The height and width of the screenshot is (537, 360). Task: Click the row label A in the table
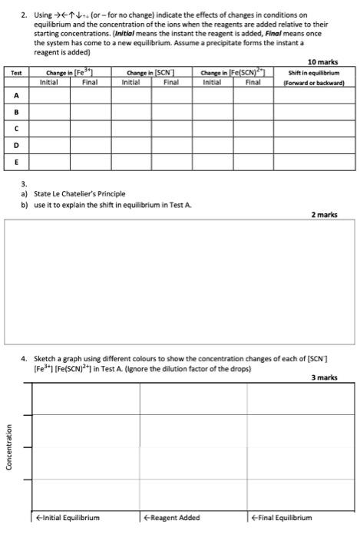16,95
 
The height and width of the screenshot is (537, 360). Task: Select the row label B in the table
16,112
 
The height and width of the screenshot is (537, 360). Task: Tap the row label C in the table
16,128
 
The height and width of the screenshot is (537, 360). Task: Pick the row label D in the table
16,145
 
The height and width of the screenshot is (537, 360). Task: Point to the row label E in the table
16,162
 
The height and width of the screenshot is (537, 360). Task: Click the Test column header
16,73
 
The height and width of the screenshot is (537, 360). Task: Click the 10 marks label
322,61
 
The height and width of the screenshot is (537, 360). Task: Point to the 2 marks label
324,216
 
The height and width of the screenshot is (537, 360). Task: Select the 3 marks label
324,377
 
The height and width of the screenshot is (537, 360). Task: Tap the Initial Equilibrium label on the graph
68,518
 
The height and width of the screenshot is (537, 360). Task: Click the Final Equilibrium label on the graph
281,518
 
